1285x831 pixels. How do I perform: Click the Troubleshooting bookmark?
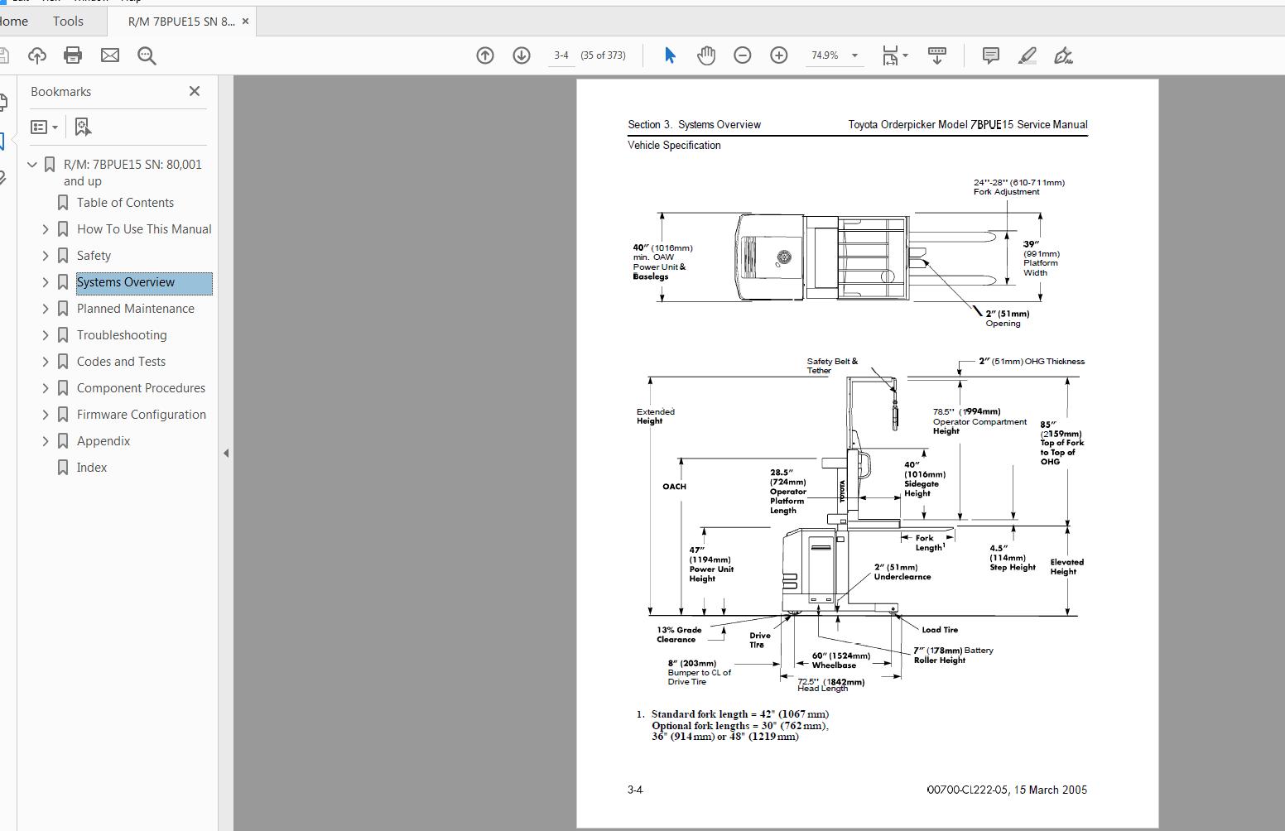tap(122, 335)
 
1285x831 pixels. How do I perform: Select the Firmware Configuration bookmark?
tap(141, 415)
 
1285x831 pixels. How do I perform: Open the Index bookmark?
tap(92, 468)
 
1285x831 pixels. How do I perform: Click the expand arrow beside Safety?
tap(46, 256)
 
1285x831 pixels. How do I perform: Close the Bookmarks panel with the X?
tap(195, 91)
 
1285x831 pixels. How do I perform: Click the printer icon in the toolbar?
tap(73, 55)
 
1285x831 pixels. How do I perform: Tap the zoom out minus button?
tap(743, 55)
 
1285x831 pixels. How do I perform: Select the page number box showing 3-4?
tap(561, 55)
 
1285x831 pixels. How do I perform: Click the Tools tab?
tap(68, 22)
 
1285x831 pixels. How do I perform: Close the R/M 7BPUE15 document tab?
tap(245, 22)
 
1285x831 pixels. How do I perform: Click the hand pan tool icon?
tap(706, 55)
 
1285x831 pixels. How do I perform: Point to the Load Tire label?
tap(940, 630)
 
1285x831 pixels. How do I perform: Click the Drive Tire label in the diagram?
tap(759, 640)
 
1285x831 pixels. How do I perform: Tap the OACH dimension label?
tap(674, 487)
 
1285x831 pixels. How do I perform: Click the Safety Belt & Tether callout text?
tap(832, 366)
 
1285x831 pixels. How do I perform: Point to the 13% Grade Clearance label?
tap(679, 635)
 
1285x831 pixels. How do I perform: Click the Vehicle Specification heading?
tap(674, 146)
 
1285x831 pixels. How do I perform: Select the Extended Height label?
tap(655, 416)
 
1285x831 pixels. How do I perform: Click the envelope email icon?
tap(110, 55)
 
